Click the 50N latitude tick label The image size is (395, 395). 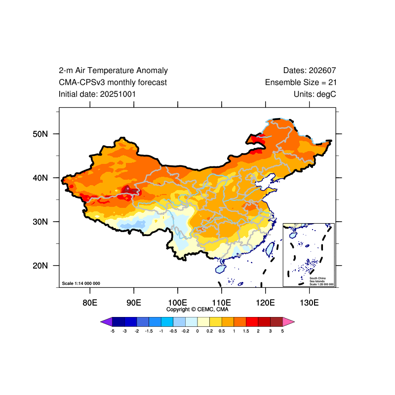[40, 134]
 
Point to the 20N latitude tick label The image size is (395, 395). [40, 266]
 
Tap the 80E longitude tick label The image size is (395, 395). [90, 302]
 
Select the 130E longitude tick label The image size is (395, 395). [309, 302]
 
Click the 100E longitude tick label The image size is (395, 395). [177, 302]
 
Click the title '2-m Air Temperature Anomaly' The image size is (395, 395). [113, 71]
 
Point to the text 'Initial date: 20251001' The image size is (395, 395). [97, 94]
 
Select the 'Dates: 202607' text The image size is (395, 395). [310, 71]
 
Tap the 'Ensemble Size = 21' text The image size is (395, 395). [301, 82]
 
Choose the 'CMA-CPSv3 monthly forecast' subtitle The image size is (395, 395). [113, 82]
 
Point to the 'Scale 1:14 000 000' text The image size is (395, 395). [81, 283]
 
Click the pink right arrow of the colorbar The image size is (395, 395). [289, 322]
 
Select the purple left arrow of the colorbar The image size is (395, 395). [106, 322]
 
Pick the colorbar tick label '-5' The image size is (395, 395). [113, 331]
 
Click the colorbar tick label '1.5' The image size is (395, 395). [246, 331]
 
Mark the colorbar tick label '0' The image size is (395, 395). [197, 331]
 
